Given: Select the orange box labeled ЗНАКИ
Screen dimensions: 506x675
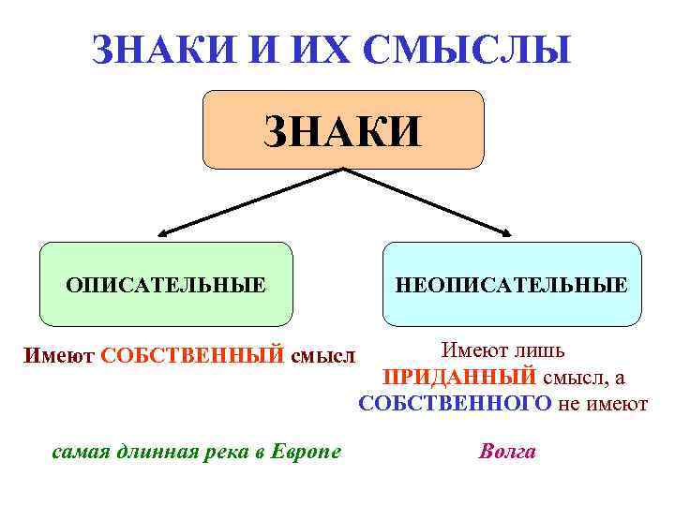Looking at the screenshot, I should point(343,130).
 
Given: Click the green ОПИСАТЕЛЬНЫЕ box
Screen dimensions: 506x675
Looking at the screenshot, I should point(165,283).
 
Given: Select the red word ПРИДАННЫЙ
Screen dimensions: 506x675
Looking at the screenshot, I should point(460,377).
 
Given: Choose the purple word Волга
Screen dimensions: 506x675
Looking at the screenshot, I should point(507,452).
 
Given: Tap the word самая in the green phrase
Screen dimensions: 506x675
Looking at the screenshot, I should point(78,452).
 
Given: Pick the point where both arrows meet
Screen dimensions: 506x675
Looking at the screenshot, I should point(343,170).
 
